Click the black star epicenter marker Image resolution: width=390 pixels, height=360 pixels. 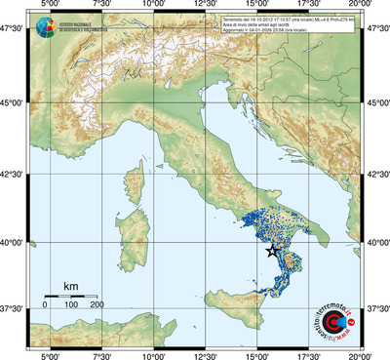[x=272, y=252]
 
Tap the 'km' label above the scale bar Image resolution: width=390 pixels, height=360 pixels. [x=70, y=286]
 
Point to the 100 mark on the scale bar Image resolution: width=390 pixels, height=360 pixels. [x=71, y=297]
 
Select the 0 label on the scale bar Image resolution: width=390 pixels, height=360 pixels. [x=45, y=305]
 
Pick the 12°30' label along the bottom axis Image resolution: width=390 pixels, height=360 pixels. [x=204, y=354]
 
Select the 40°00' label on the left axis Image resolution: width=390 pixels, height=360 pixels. [x=14, y=242]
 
